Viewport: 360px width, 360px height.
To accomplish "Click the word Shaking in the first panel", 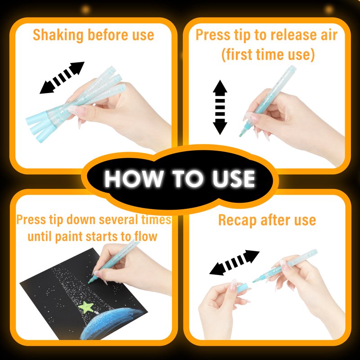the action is click(x=58, y=35).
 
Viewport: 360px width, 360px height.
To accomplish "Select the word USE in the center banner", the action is click(x=234, y=179).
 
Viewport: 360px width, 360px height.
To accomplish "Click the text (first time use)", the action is click(x=268, y=54).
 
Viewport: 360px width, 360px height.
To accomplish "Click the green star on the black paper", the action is click(x=85, y=307).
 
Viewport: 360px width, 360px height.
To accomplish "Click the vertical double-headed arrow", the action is click(x=220, y=107).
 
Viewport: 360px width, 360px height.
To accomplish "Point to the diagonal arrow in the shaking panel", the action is click(x=62, y=77).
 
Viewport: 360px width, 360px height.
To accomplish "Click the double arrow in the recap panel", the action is click(x=234, y=262).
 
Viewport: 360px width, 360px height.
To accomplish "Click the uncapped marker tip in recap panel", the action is click(x=255, y=280).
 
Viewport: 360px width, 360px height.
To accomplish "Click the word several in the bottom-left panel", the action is click(x=118, y=220).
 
